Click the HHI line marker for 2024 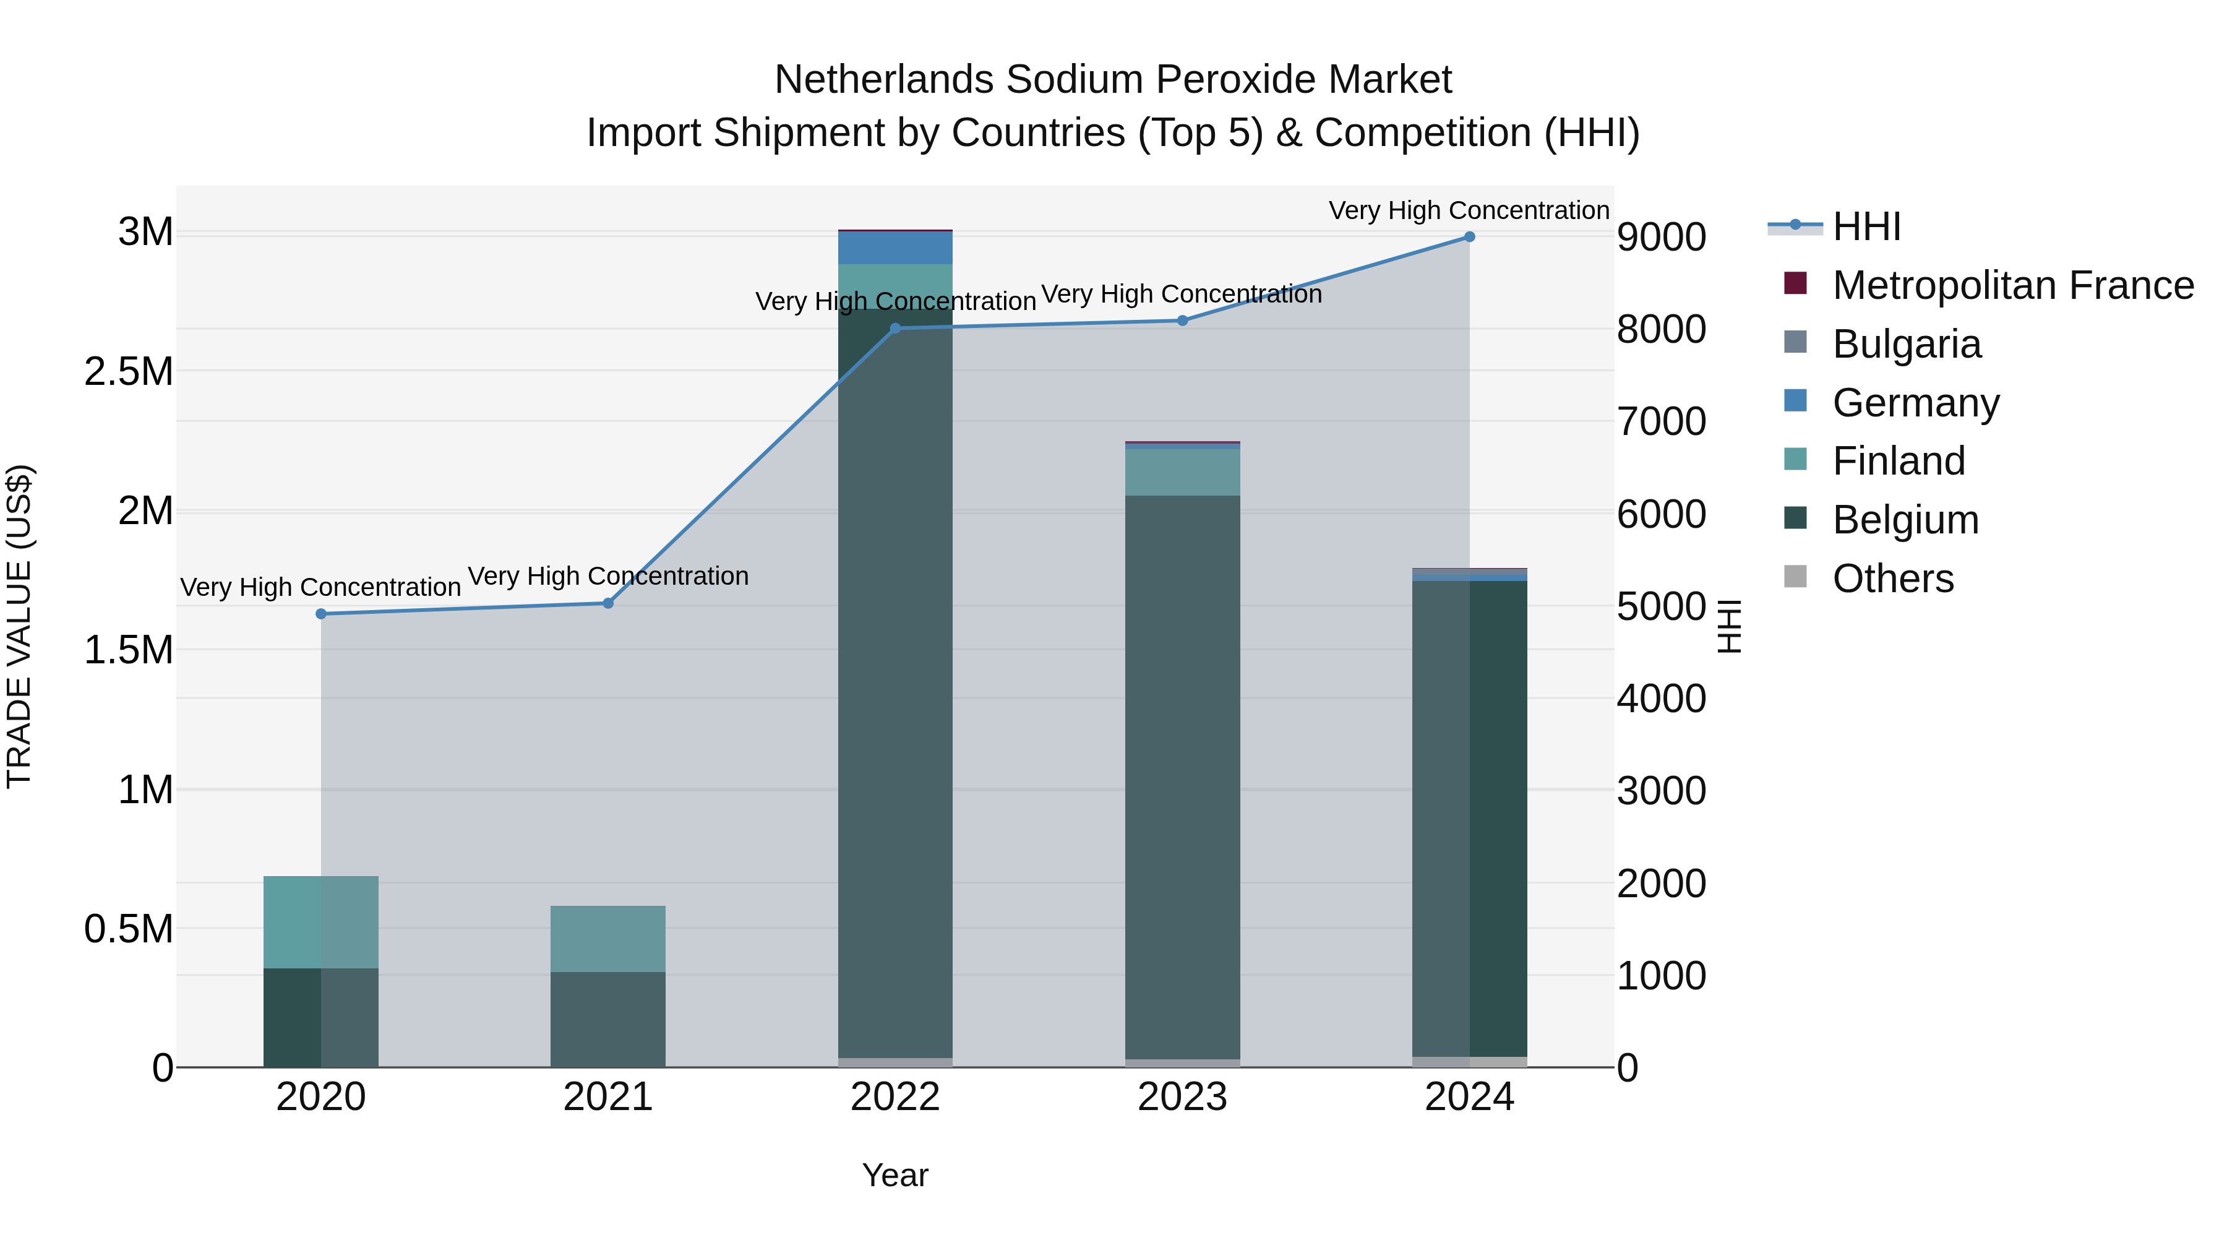click(x=1469, y=237)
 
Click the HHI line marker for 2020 click(x=320, y=614)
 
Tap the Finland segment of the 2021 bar click(x=607, y=939)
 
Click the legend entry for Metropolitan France click(x=2012, y=285)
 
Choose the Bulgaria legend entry click(x=1907, y=344)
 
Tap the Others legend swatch click(x=1796, y=577)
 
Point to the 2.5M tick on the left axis click(x=129, y=372)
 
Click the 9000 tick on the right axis click(x=1661, y=237)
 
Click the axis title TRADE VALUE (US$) click(x=20, y=626)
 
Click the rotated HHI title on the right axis click(x=1729, y=626)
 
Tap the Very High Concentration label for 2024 click(x=1469, y=210)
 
